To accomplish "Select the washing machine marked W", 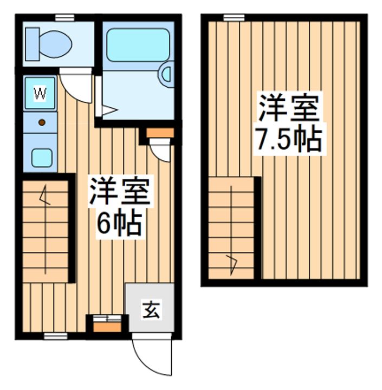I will pos(40,93).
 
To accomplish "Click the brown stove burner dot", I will pos(41,123).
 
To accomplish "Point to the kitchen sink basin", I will pos(41,157).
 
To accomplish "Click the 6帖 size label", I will pos(119,222).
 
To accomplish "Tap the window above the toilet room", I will pos(64,18).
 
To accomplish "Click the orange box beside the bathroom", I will pos(160,133).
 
